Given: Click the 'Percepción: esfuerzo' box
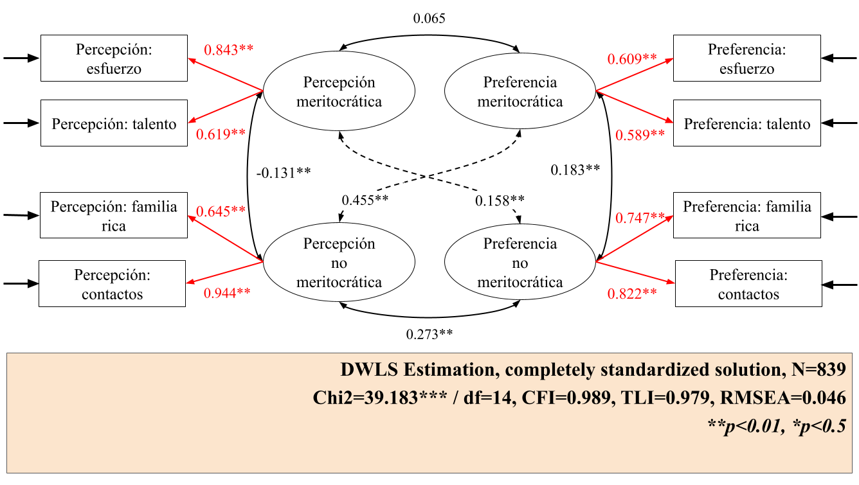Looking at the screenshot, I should pos(114,58).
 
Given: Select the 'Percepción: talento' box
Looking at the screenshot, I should pos(114,123).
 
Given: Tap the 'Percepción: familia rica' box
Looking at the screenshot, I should pos(114,215).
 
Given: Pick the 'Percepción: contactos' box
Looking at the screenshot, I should pos(112,284).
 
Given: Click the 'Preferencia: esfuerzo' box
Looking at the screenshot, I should pos(746,58).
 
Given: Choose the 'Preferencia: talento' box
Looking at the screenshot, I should pos(746,123).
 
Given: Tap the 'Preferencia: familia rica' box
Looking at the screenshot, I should pos(747,215).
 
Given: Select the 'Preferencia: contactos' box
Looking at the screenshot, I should pos(748,284).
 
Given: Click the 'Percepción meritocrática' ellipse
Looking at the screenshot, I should pos(339,92).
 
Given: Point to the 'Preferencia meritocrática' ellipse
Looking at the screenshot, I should pos(520,92).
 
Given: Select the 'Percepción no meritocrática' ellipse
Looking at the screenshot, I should pos(339,263).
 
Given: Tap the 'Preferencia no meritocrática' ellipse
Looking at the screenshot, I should pos(520,263).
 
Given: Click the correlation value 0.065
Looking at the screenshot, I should pos(429,19).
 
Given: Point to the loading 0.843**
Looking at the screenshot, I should pos(228,50).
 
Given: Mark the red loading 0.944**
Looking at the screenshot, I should pos(226,294).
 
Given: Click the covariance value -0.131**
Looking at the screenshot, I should pos(284,172).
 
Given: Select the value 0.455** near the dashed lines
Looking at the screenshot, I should pos(365,200).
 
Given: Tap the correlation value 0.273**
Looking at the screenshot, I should pos(429,334).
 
